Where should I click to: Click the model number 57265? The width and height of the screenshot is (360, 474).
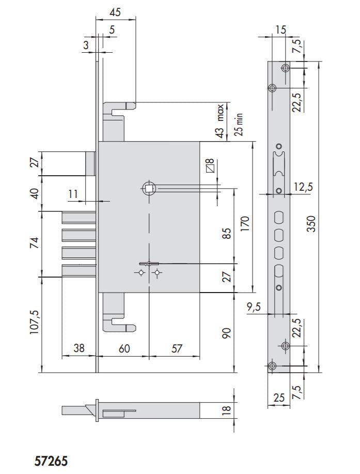(51, 461)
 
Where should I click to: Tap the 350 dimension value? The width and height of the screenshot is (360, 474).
(311, 223)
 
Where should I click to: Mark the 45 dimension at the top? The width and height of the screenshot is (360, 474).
(116, 12)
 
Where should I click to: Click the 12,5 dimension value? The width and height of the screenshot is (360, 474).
(302, 187)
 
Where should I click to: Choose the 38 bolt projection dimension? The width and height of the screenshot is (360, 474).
(79, 348)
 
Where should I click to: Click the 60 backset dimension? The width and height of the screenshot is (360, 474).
(124, 348)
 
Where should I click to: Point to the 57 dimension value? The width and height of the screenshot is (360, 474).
(177, 348)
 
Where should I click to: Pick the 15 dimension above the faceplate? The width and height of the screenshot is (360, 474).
(280, 29)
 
